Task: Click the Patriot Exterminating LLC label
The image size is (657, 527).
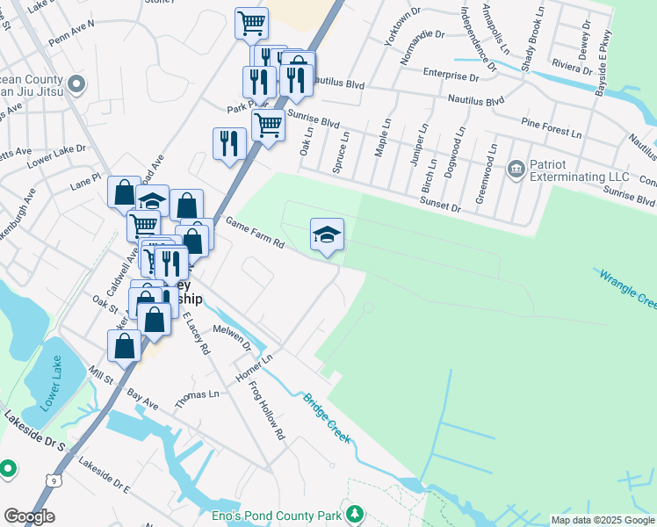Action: click(x=580, y=177)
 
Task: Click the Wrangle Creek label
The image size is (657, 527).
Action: click(x=629, y=289)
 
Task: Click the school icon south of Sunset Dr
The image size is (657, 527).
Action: click(x=327, y=235)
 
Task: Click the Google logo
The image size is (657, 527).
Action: click(x=29, y=516)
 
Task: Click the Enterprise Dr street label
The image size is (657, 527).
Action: click(x=450, y=76)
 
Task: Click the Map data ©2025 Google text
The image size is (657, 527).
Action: click(x=603, y=520)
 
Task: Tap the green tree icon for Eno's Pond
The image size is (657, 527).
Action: click(x=355, y=512)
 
